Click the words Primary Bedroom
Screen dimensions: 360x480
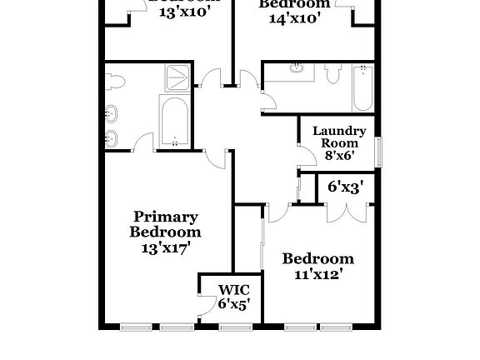165,224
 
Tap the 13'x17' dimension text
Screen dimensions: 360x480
165,247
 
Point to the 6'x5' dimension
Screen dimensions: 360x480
233,305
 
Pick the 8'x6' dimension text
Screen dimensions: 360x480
339,156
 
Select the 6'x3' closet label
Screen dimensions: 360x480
344,187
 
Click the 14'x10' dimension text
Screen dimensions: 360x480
288,17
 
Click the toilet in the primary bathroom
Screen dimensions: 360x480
115,81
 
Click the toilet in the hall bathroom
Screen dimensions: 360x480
333,76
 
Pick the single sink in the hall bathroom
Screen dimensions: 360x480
297,72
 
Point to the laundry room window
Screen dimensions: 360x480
378,152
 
